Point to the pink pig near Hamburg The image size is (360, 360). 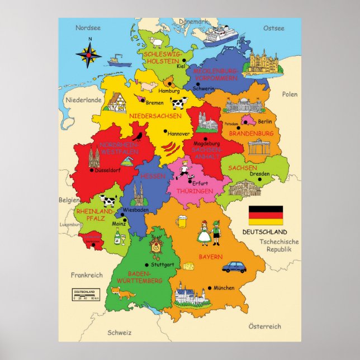click(149, 85)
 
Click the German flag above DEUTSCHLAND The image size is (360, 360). click(266, 215)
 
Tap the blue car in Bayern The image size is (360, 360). click(234, 267)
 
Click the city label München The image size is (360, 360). click(224, 288)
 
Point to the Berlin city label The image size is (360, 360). click(265, 121)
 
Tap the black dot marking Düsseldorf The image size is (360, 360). click(92, 170)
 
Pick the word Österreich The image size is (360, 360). click(264, 326)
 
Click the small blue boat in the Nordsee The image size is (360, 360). click(116, 60)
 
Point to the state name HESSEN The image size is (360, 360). click(153, 176)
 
